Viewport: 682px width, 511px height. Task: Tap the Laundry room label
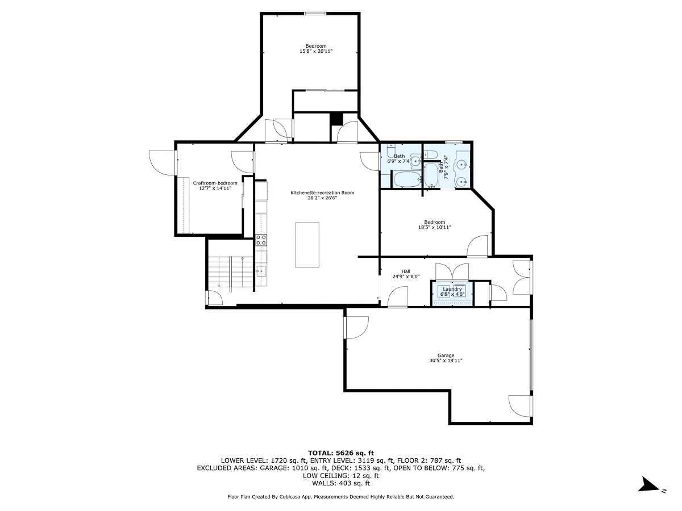pos(452,289)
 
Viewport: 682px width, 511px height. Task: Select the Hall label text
pos(405,271)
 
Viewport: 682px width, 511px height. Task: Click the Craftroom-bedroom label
pos(215,183)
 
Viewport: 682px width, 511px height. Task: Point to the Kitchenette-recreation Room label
pos(322,193)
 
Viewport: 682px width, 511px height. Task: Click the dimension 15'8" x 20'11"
pos(316,51)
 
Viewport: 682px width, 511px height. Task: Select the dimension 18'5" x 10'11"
pos(435,227)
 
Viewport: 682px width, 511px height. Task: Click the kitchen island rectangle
pos(307,245)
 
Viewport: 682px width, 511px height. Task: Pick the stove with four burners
pos(261,240)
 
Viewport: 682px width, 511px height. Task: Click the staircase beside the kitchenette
pos(230,272)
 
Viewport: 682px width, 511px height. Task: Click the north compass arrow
pos(648,484)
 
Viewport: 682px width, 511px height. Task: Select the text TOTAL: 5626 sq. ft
pos(340,453)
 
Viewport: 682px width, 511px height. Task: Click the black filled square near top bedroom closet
pos(336,119)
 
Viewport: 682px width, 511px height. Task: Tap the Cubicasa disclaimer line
pos(340,497)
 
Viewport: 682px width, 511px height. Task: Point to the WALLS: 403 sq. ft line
pos(340,484)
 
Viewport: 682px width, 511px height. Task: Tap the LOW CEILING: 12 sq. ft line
pos(340,476)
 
